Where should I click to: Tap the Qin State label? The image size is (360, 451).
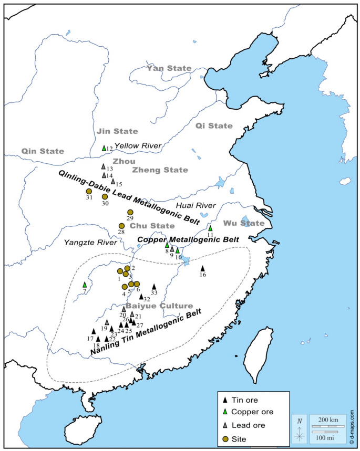click(x=43, y=151)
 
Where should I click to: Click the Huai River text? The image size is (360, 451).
click(x=202, y=206)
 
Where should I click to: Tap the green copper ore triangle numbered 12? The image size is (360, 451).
click(x=104, y=148)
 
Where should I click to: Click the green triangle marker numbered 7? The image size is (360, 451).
click(x=85, y=285)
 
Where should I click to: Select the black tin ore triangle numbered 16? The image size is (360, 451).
click(x=202, y=268)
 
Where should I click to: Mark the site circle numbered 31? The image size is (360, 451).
click(x=89, y=191)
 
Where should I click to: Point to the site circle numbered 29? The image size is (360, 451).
click(x=130, y=212)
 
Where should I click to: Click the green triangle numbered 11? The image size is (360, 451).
click(x=210, y=228)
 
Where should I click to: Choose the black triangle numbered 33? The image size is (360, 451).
click(x=154, y=286)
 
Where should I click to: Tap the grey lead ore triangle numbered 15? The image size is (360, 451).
click(x=113, y=181)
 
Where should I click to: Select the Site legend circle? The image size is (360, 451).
click(x=226, y=438)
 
